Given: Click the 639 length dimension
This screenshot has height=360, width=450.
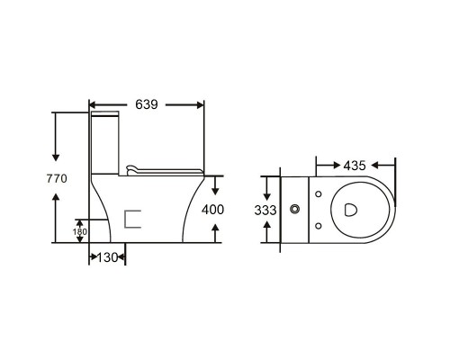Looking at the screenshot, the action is (147, 104).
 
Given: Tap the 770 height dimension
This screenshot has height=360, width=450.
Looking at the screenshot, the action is (57, 179).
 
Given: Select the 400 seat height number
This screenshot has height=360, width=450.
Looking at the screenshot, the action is (212, 210).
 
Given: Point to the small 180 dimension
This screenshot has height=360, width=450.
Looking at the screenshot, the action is (80, 231).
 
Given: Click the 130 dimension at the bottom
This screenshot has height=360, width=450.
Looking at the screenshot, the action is (107, 257).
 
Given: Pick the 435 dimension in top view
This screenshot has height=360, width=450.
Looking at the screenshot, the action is (355, 166).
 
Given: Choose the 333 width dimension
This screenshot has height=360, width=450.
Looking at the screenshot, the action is (265, 211).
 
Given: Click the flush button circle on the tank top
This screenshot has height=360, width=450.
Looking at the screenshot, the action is (295, 209).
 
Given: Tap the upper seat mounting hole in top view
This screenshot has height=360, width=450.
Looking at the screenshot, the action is (319, 194).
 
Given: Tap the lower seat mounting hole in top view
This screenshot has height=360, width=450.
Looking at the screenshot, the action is (319, 226).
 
